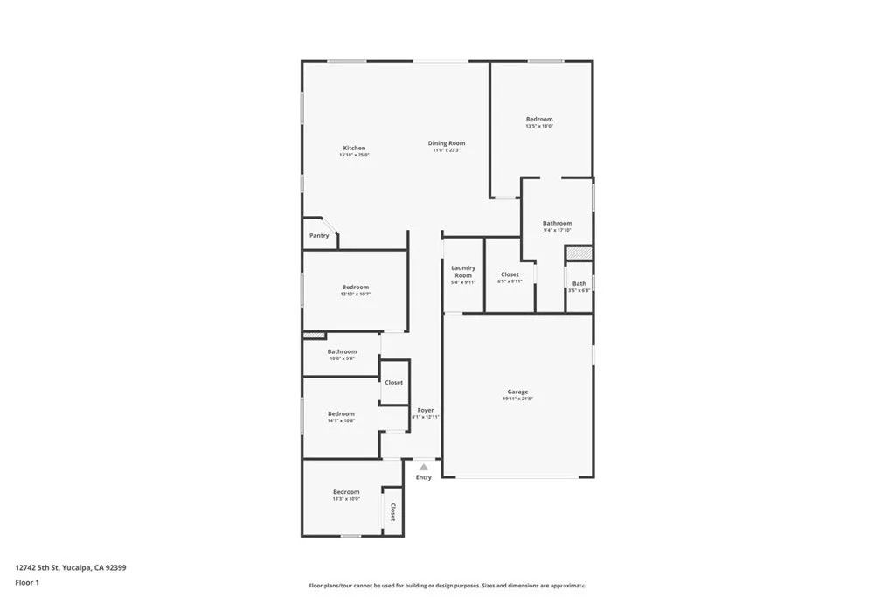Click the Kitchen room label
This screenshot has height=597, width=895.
pos(354,149)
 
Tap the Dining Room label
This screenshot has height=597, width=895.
pos(446,143)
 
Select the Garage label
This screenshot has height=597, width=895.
pos(517,392)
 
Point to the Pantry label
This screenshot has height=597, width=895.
pos(319,236)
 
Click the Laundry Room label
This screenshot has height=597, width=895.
pos(463,272)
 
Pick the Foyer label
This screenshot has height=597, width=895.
pos(425,410)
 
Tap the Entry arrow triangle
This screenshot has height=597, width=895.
pos(424,468)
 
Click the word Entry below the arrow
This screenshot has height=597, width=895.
pos(424,477)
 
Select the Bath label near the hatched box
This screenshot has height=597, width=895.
pos(579,283)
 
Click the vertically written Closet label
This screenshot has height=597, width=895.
pos(392,512)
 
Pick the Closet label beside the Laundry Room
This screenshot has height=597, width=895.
pos(510,274)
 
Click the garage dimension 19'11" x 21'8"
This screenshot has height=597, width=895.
pos(517,399)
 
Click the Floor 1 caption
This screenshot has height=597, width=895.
pos(27,582)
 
